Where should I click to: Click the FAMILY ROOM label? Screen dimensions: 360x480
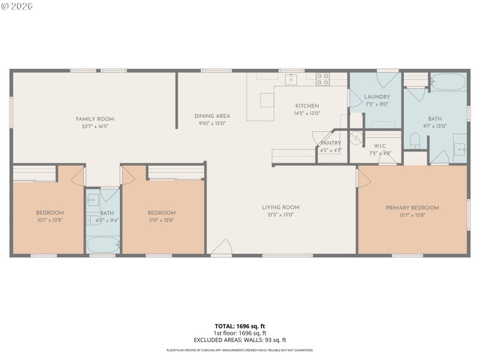click(95, 119)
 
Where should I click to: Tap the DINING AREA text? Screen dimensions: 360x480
click(212, 116)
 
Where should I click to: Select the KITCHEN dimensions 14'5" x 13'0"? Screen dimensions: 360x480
click(307, 113)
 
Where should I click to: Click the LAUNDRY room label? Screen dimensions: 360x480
click(377, 97)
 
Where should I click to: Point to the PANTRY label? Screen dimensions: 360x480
click(331, 143)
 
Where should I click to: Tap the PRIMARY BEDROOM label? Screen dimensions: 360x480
click(412, 208)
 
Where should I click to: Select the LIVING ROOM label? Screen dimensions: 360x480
click(280, 208)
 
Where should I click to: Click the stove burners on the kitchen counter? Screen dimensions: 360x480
click(323, 79)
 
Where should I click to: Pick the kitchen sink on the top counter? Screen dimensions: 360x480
click(291, 79)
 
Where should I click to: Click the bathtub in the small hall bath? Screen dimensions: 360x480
click(103, 245)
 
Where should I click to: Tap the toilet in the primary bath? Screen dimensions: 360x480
click(414, 142)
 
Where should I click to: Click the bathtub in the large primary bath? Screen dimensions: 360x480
click(448, 82)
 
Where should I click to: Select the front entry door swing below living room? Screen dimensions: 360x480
click(221, 247)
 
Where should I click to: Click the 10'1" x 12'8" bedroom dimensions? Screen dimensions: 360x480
click(50, 220)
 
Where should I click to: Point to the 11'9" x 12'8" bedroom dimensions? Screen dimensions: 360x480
click(161, 220)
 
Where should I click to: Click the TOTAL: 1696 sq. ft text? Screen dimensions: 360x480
click(239, 326)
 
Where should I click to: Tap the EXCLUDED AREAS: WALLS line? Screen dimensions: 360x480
click(239, 340)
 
